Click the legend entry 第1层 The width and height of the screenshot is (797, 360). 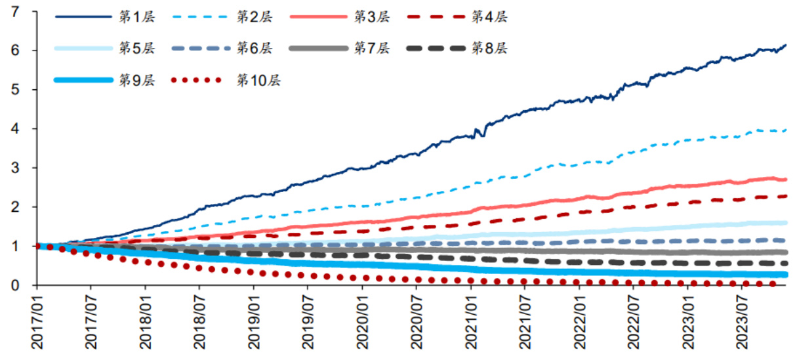click(136, 18)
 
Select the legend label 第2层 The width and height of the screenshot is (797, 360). click(254, 18)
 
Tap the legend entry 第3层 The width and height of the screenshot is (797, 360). click(372, 18)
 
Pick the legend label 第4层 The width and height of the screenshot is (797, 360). click(489, 18)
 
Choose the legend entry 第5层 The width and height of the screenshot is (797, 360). click(136, 49)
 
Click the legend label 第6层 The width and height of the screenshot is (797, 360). click(254, 49)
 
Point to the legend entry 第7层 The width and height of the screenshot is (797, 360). click(372, 49)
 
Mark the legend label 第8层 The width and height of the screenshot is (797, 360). click(489, 49)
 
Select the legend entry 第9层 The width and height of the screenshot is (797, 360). click(136, 80)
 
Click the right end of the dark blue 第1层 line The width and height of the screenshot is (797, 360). click(786, 45)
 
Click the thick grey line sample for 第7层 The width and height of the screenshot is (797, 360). click(318, 49)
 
